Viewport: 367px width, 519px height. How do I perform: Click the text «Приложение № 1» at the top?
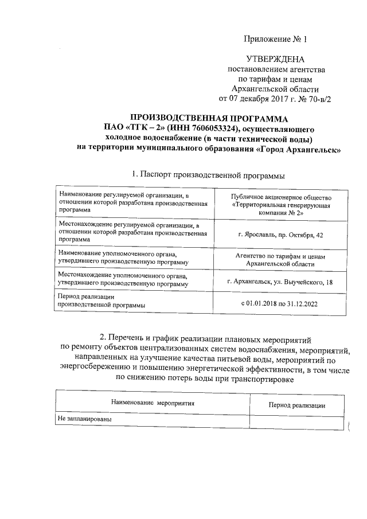tap(275, 40)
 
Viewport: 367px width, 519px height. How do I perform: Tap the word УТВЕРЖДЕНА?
tap(275, 59)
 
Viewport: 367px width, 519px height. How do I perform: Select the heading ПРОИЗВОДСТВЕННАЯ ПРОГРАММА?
tap(208, 118)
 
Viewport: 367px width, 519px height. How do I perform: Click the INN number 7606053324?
tap(208, 128)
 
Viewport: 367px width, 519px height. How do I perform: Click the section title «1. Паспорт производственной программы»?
tap(208, 174)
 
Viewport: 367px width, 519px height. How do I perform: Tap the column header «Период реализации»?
tap(297, 405)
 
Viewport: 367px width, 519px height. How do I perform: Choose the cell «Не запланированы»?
tap(84, 419)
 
